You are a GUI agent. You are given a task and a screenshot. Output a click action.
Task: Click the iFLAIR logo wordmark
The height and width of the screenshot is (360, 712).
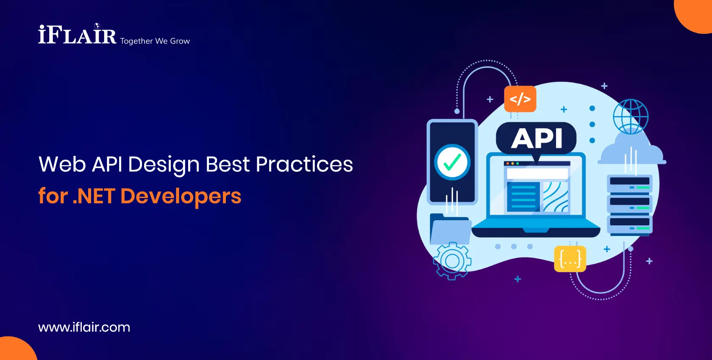pos(77,35)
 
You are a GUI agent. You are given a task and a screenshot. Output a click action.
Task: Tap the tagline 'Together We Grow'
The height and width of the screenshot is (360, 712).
pos(155,41)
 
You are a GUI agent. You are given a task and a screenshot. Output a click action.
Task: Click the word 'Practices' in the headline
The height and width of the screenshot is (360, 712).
pos(304,164)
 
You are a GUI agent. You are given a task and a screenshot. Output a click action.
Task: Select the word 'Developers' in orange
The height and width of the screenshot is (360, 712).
pos(181,196)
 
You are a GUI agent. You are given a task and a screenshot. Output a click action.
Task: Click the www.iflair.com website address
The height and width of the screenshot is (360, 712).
pos(84,327)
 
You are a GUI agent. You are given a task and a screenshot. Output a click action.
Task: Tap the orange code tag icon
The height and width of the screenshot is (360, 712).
pos(520,99)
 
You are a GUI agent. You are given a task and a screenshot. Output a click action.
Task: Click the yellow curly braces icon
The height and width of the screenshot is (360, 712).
pos(570,259)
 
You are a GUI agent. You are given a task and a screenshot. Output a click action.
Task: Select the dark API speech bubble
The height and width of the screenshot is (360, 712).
pos(536,138)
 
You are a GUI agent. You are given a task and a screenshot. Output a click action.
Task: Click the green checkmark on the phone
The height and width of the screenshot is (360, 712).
pos(452,162)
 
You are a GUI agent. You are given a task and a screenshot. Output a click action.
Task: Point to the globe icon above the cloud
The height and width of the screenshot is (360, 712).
pos(631,116)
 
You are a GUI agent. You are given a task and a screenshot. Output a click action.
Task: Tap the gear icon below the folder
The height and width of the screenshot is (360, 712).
pos(452,260)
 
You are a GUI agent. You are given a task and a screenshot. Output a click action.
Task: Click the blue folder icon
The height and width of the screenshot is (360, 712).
pos(450,230)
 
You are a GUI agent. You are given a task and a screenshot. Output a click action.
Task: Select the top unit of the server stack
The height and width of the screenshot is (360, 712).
pos(630,183)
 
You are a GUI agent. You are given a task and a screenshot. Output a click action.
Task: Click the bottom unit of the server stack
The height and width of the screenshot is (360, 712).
pos(630,224)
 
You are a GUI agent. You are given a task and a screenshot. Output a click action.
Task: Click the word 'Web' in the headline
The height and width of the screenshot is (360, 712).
pos(62,164)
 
